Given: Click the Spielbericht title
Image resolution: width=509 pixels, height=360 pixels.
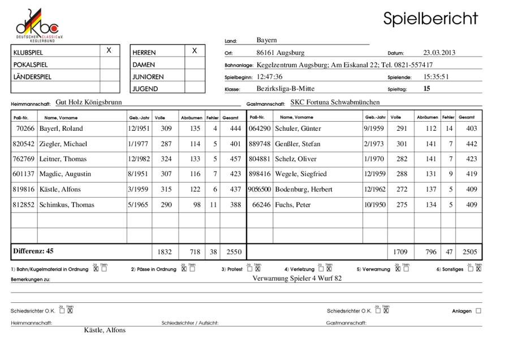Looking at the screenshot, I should coord(430,18).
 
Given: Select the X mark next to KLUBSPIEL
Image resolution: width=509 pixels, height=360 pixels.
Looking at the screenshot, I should coord(109,50).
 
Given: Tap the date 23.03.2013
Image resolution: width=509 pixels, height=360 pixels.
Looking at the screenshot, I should coord(439,53).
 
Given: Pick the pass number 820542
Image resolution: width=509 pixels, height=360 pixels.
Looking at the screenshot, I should coord(23,144).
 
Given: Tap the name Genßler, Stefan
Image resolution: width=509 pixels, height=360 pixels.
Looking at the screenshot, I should coord(296,144).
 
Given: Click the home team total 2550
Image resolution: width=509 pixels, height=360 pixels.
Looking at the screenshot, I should coord(233,252).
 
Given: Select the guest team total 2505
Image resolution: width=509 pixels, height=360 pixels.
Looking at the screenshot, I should coord(469,252).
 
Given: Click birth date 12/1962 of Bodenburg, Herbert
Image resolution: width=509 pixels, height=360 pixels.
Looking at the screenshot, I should coord(374,190).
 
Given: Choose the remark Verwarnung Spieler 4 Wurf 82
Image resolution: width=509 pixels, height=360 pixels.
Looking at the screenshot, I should coord(297,278).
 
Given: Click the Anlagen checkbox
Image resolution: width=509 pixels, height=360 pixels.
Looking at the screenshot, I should coord(478,311).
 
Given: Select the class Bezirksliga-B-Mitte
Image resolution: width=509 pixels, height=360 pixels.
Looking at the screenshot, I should coord(285,88).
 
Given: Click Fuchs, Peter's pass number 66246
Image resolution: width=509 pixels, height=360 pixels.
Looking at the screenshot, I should coord(260,205).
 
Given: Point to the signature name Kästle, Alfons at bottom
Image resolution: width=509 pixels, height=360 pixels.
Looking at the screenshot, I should coord(105,330).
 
